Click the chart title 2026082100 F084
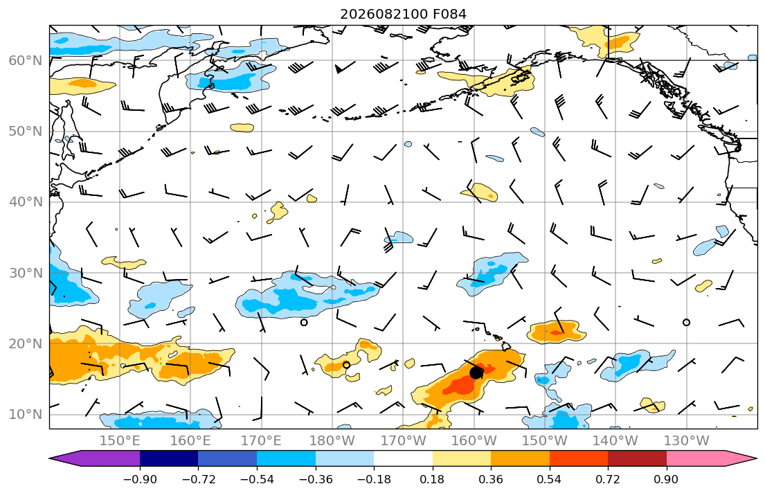403,14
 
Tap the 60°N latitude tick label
26,60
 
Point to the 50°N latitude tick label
26,132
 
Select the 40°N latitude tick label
26,202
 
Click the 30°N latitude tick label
26,273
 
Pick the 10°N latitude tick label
26,415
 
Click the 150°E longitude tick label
120,441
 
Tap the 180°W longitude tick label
332,441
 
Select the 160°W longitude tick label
474,441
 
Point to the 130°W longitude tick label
687,441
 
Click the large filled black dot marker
476,373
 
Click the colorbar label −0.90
140,479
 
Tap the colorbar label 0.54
550,479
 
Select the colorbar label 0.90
667,479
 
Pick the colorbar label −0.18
375,479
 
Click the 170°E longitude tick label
262,441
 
